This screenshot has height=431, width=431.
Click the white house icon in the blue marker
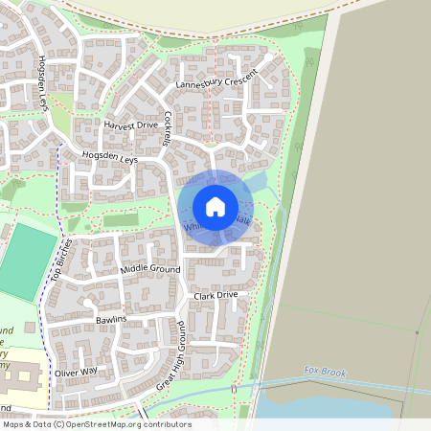coord(215,207)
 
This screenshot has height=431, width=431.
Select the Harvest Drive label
coord(130,125)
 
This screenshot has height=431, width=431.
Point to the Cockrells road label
coord(170,130)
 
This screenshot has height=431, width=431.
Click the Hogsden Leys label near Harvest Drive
coord(110,157)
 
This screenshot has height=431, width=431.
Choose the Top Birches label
coord(61,261)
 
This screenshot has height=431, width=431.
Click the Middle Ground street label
coord(151,270)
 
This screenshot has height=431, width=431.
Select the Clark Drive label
coord(215,296)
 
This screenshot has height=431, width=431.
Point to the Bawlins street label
coord(111,319)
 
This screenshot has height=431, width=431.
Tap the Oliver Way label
coord(76,372)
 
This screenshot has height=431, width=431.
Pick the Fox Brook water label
coord(323,371)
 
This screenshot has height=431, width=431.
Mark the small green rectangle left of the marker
coord(120,220)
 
